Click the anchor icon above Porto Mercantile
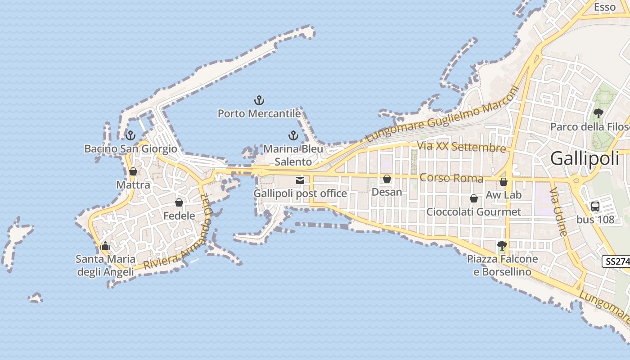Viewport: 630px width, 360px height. [259, 100]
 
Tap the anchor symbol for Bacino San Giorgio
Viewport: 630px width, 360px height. [130, 135]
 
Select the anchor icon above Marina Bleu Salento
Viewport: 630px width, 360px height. [293, 135]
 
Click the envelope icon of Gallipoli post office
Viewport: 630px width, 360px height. [300, 180]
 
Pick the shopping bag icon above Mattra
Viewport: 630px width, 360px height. [133, 171]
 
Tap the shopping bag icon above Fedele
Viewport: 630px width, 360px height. [179, 202]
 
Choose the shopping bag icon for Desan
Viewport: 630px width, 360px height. [387, 179]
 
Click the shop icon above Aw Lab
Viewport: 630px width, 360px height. [504, 182]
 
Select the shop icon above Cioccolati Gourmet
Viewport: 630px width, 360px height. [473, 198]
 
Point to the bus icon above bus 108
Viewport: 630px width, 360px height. [595, 207]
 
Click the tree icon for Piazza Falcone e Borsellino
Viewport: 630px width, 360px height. [502, 246]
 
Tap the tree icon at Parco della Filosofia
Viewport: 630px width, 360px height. [598, 113]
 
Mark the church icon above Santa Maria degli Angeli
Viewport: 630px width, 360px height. [105, 246]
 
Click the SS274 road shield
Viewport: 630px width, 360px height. [616, 261]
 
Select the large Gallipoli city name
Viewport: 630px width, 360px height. [585, 158]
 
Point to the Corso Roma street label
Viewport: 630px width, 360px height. [451, 178]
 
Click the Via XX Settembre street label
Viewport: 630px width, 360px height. [461, 147]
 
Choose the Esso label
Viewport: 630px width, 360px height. [604, 7]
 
